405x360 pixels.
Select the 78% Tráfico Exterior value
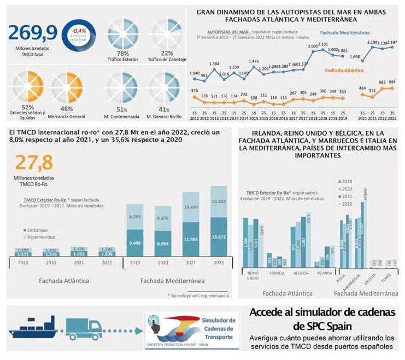[x=123, y=53]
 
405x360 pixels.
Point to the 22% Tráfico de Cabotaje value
[x=167, y=53]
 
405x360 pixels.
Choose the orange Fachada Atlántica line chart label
[x=347, y=70]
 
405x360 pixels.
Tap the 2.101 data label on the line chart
[x=322, y=45]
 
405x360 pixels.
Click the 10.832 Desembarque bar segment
[x=218, y=201]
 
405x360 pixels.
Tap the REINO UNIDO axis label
[x=254, y=275]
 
